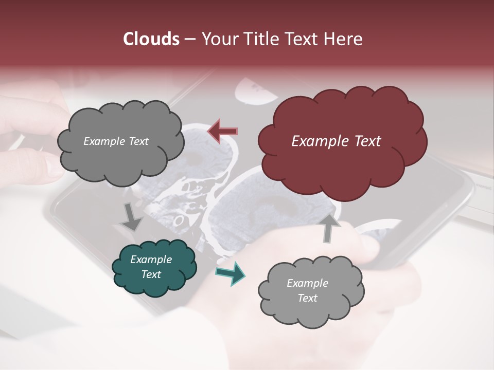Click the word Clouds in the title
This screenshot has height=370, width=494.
(151, 39)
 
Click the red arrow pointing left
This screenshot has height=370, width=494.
(223, 131)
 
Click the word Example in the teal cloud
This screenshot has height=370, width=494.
(151, 260)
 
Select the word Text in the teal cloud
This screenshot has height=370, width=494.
(151, 274)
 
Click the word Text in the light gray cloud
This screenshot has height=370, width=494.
(307, 298)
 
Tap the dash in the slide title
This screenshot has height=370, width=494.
(189, 40)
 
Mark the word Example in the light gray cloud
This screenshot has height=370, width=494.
(307, 283)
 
